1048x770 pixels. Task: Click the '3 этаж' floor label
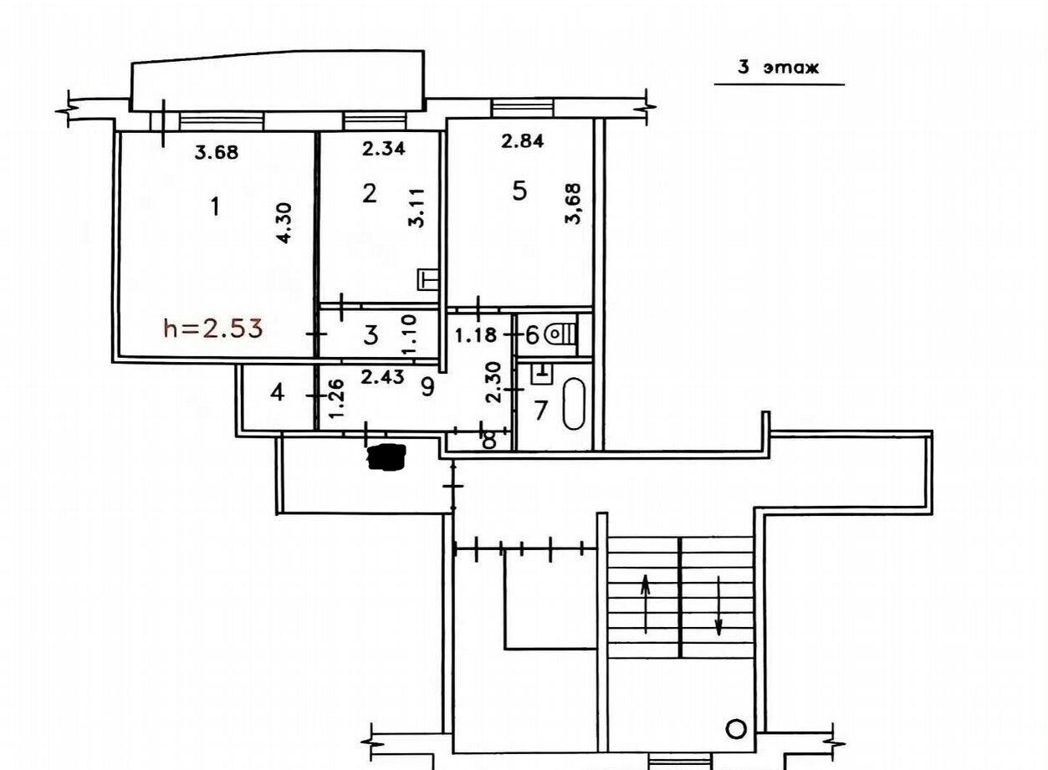tap(779, 68)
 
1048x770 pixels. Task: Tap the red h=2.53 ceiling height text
tap(213, 328)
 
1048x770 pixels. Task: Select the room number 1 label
tap(215, 207)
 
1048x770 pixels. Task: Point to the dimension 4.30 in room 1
tap(284, 222)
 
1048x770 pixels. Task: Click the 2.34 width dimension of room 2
tap(384, 149)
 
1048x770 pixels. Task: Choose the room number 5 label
tap(519, 191)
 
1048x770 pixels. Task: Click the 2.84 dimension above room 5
tap(522, 140)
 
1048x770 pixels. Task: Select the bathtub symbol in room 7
tap(574, 404)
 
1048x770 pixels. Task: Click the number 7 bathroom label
tap(541, 410)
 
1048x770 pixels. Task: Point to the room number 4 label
tap(278, 392)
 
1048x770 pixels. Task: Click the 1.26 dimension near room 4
tap(337, 399)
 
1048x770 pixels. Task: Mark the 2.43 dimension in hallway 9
tap(382, 376)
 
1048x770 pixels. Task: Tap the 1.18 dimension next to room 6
tap(475, 335)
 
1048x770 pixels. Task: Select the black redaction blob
tap(387, 456)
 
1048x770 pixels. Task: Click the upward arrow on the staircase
tap(645, 604)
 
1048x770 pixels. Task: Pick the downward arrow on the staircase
tap(718, 606)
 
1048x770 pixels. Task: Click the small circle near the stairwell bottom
tap(735, 729)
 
